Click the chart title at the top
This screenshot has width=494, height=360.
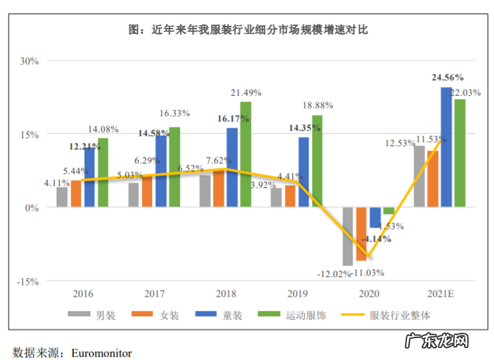point(248,30)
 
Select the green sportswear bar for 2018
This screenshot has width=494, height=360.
point(246,154)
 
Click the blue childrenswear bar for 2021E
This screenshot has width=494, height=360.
point(447,147)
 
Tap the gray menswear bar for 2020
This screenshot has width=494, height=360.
point(348,236)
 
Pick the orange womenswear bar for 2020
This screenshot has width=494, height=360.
point(361,234)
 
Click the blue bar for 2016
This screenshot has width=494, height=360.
point(90,177)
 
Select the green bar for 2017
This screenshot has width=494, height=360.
point(174,167)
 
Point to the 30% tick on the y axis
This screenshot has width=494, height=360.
point(30,60)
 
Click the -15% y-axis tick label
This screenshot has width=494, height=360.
point(28,281)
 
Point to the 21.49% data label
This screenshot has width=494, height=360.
point(246,92)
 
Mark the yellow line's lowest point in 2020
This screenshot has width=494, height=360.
point(367,257)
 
